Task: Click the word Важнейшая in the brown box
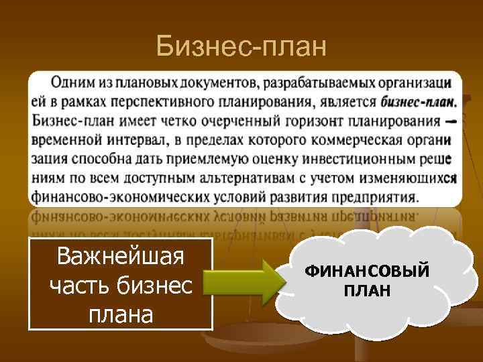point(121,256)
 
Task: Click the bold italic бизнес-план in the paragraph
point(417,103)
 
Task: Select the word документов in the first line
point(217,84)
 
